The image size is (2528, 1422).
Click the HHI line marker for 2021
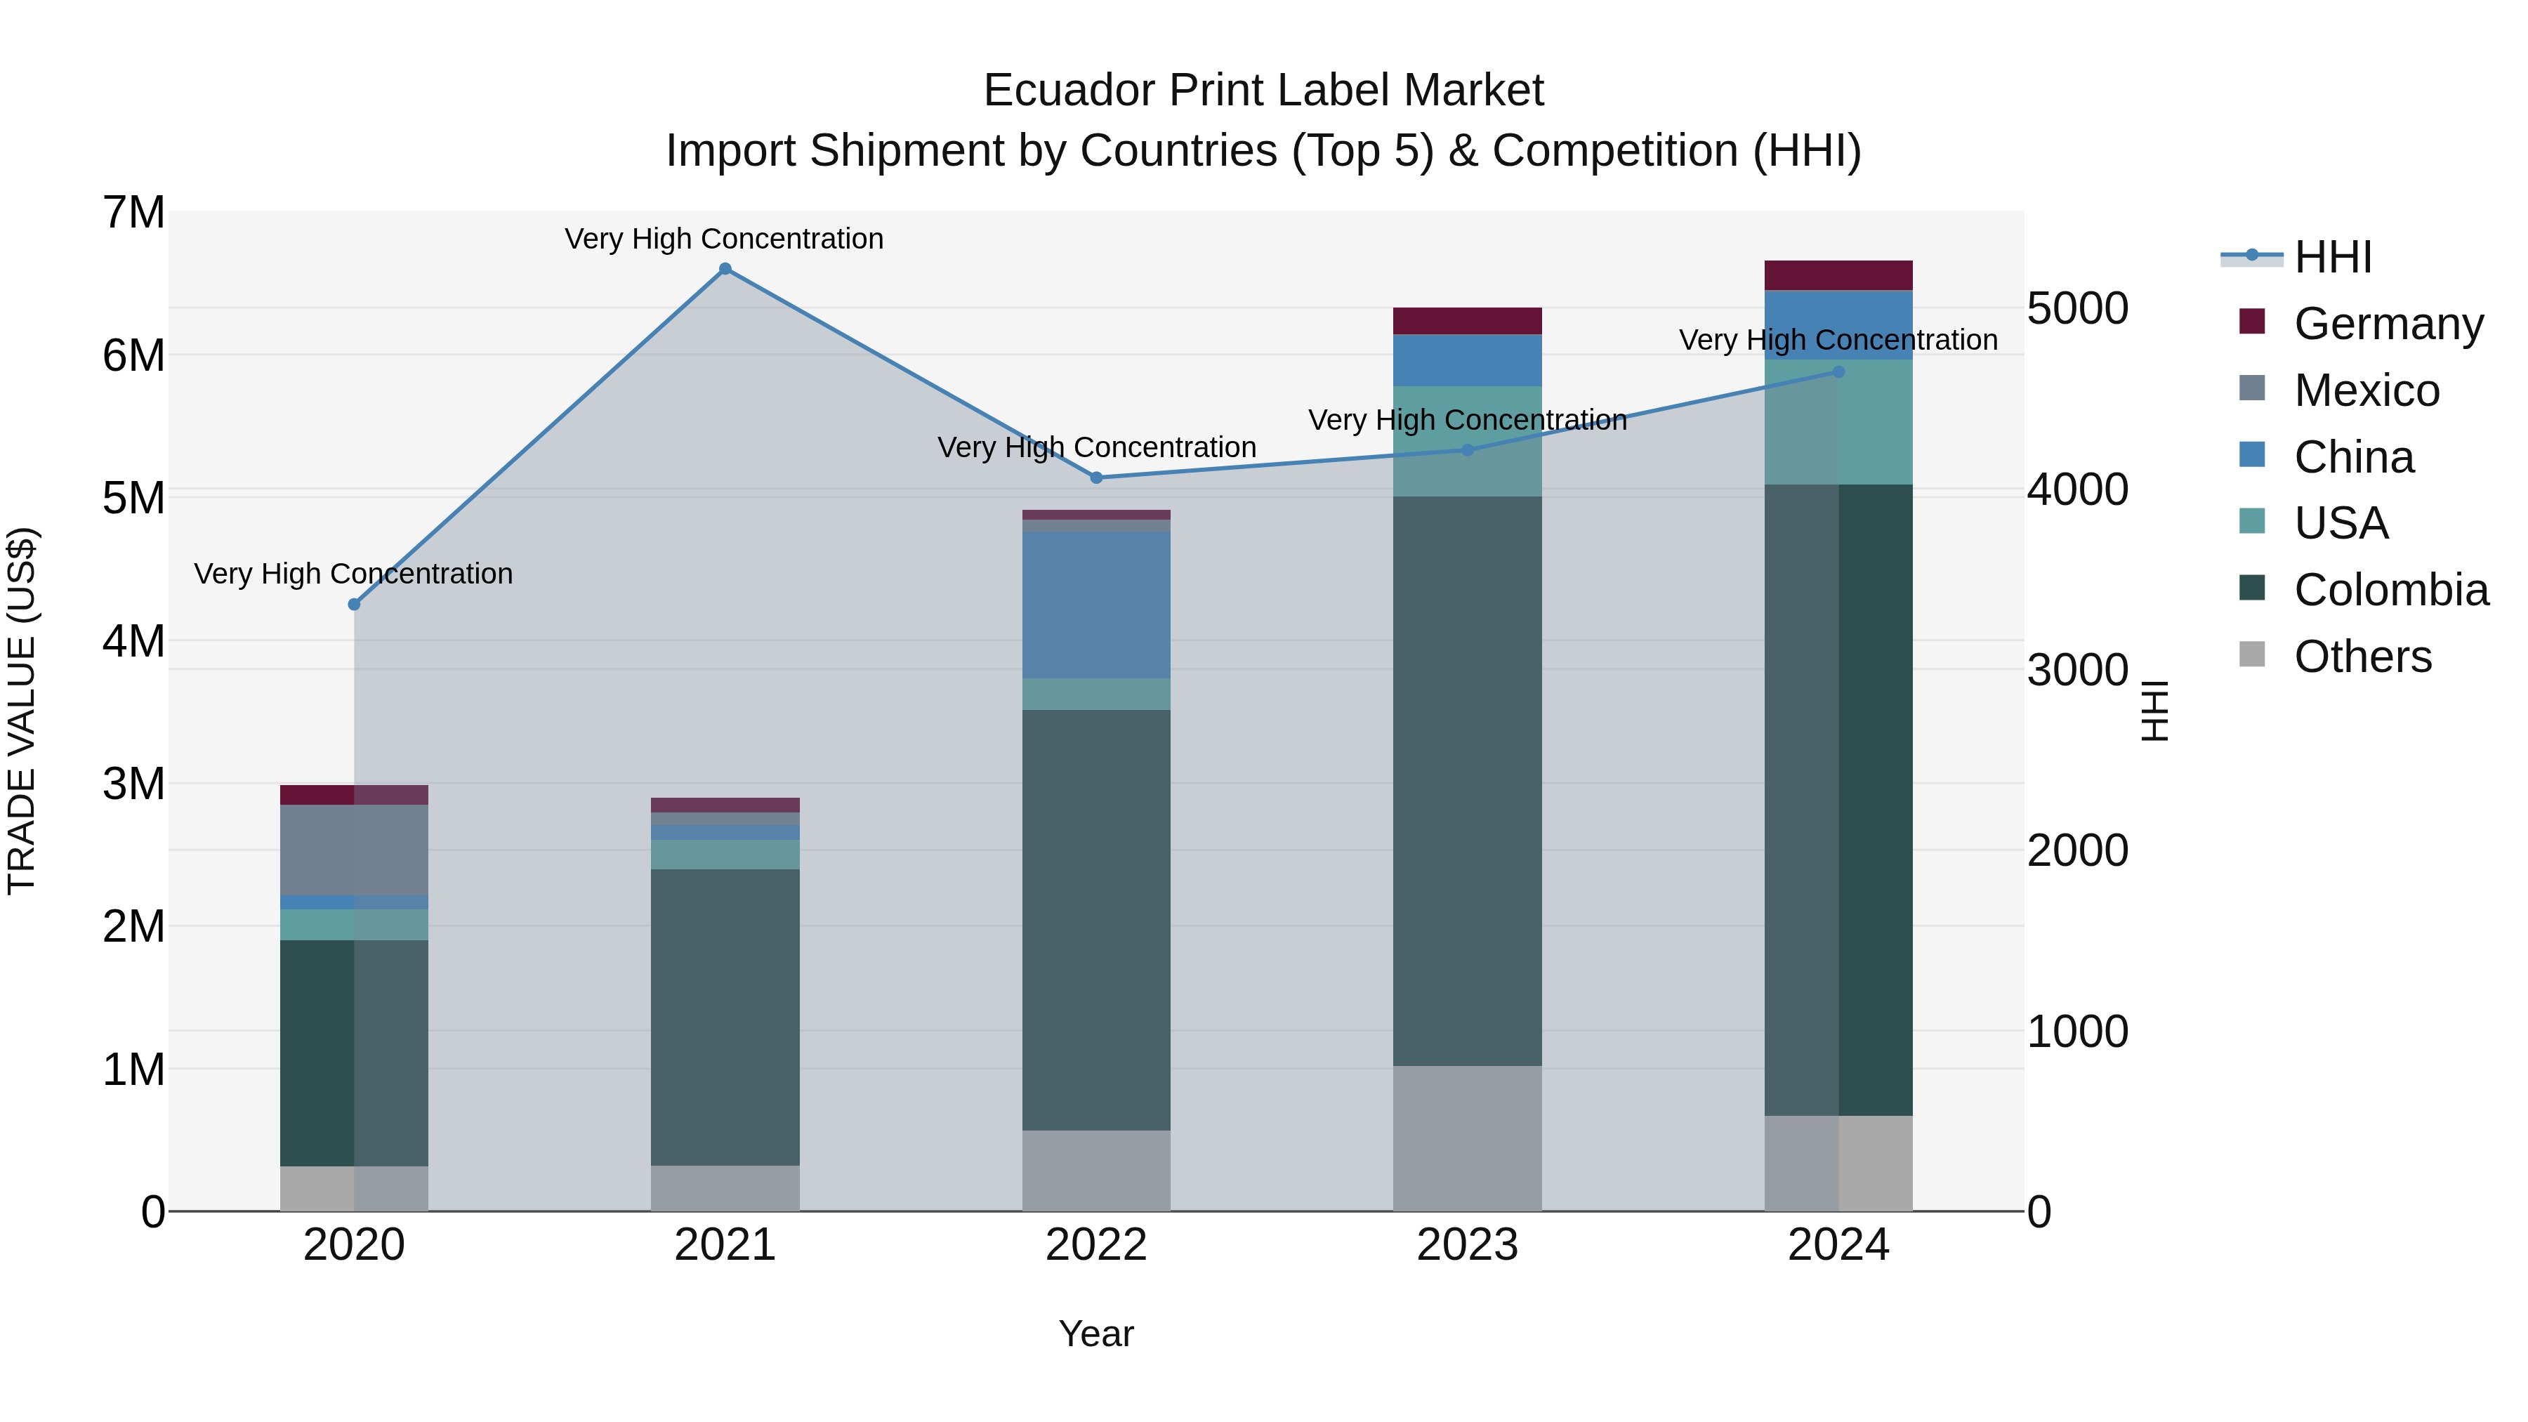(x=725, y=269)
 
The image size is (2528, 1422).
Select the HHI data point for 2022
(x=1096, y=478)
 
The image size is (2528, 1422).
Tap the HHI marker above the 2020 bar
(x=355, y=605)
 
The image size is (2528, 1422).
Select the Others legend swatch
(x=2252, y=654)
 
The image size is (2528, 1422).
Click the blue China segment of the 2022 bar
(x=1096, y=605)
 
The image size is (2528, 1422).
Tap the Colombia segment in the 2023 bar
(x=1467, y=780)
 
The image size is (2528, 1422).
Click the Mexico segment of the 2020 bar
(x=355, y=849)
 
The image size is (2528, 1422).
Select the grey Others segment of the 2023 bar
(x=1467, y=1138)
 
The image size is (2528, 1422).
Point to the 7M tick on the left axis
(x=133, y=213)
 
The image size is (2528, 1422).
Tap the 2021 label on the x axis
(x=725, y=1245)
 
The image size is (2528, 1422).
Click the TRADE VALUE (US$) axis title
(x=22, y=711)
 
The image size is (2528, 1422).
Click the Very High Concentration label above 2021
(x=724, y=239)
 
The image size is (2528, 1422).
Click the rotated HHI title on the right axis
(x=2154, y=711)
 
